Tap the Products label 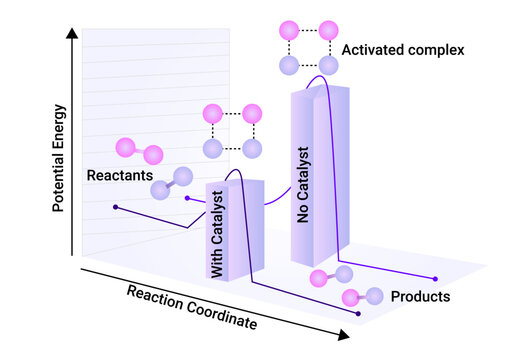click(420, 297)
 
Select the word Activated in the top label click(369, 49)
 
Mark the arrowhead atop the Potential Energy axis click(73, 35)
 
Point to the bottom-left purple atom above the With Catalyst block click(212, 149)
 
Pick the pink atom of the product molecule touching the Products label click(351, 297)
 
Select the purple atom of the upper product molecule click(344, 273)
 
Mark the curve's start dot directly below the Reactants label click(116, 208)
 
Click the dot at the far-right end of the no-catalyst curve click(434, 278)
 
